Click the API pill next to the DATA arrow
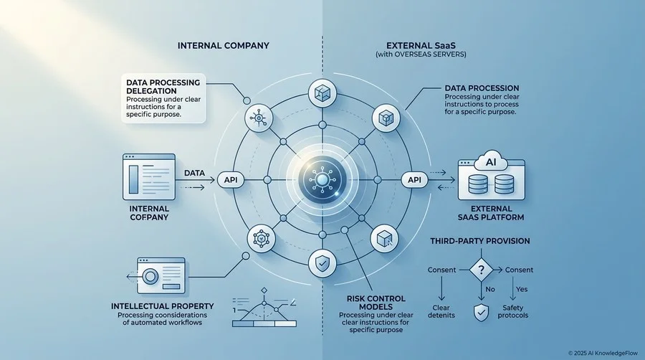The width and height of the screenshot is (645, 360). [231, 180]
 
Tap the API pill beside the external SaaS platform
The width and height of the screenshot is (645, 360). [414, 180]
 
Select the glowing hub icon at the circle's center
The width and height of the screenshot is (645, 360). [322, 180]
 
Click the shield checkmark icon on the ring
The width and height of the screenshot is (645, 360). [322, 263]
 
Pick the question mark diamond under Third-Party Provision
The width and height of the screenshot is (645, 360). [481, 270]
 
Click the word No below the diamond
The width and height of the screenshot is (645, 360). [490, 289]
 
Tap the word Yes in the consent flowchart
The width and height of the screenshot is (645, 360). [522, 289]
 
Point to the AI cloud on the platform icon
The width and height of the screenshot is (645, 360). [491, 161]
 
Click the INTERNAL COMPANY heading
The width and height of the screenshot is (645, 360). [224, 46]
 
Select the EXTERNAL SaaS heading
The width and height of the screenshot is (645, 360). [421, 46]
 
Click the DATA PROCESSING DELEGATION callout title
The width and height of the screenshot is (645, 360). [163, 86]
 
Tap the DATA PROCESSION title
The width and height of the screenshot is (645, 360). [482, 88]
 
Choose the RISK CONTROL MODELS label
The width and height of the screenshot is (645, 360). [376, 303]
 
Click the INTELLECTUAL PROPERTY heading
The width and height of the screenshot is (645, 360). [163, 306]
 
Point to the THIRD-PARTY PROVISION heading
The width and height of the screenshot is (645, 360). [480, 241]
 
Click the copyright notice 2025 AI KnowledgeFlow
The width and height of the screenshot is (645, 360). [603, 353]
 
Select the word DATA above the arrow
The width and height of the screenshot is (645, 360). [194, 174]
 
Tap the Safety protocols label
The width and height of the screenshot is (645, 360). [513, 311]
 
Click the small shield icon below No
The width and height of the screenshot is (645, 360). [482, 313]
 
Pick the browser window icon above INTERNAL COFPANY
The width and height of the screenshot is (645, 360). [149, 177]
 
